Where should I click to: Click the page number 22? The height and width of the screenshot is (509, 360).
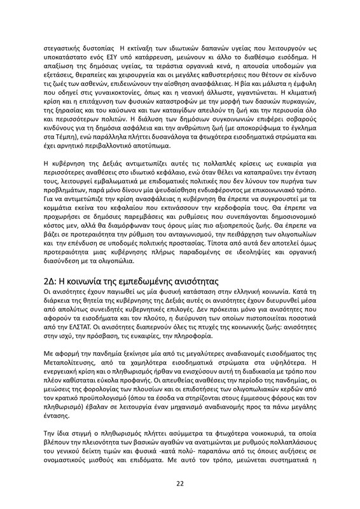point(180,484)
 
